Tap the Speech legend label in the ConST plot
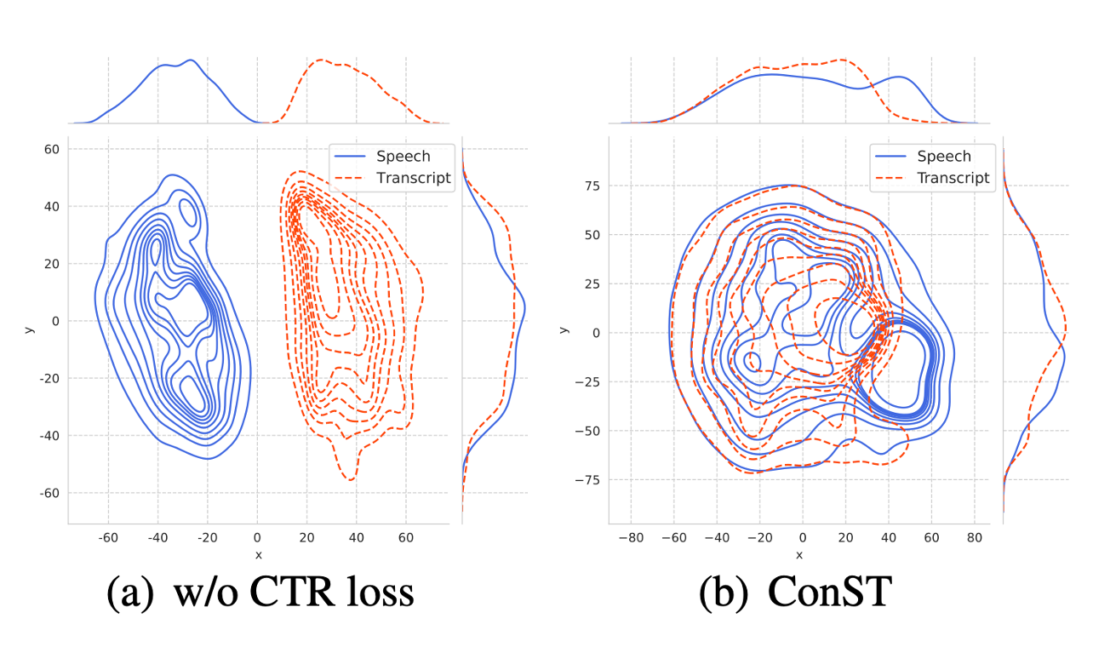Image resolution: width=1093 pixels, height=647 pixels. click(944, 157)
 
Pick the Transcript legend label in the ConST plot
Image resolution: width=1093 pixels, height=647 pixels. click(953, 178)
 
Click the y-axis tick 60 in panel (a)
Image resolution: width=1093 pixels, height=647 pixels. click(51, 149)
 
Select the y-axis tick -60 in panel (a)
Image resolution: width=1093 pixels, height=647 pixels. click(49, 493)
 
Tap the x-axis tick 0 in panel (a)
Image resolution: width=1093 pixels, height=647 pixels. click(257, 538)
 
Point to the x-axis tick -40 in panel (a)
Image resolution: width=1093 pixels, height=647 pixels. click(157, 538)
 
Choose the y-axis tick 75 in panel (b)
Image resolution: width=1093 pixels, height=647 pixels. click(591, 186)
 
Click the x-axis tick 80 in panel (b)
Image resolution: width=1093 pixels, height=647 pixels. click(974, 538)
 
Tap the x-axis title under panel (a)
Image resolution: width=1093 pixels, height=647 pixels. click(258, 555)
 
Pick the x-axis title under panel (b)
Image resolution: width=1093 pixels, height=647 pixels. click(800, 555)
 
